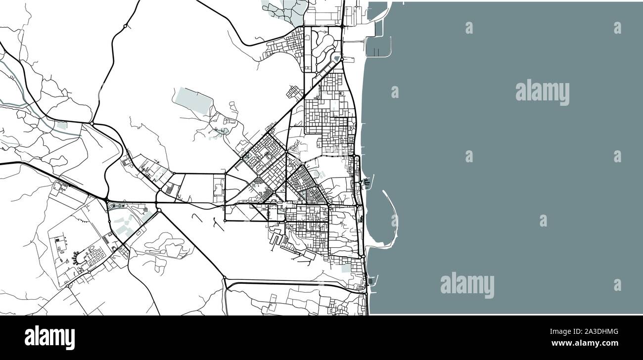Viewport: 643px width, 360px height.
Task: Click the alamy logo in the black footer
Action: click(x=49, y=338)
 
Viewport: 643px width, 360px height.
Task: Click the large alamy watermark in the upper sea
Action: click(x=542, y=92)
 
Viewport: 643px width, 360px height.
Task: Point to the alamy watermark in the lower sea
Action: click(x=467, y=285)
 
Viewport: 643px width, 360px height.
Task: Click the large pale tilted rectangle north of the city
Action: click(x=193, y=101)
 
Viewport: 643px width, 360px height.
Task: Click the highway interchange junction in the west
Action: click(x=107, y=199)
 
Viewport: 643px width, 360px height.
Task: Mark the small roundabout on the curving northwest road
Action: click(x=126, y=26)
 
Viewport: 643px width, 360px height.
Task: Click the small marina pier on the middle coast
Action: click(x=367, y=182)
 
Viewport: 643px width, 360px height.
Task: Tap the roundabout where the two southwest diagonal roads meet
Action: click(x=159, y=210)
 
